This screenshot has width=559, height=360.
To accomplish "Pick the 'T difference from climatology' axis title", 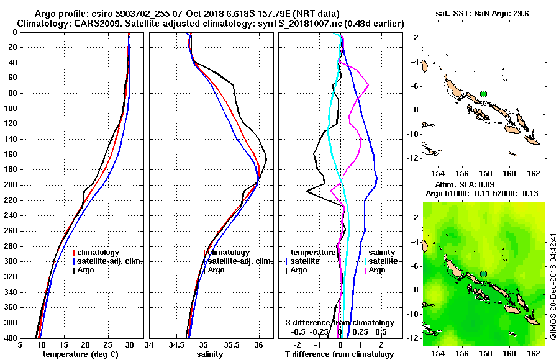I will pos(340,354).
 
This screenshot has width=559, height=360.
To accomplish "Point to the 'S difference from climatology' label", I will pos(340,323).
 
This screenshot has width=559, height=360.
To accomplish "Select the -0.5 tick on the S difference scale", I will pos(298,331).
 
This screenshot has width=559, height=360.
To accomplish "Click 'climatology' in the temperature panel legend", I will pos(99,253).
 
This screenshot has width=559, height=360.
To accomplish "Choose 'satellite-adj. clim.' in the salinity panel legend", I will pos(237,261).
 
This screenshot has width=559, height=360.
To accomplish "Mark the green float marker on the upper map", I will pos(483,94).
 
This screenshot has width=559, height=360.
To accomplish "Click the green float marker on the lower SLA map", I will pos(483,274).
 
